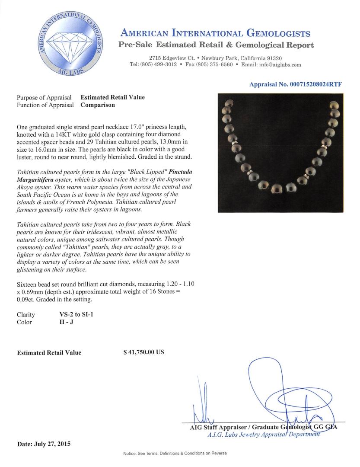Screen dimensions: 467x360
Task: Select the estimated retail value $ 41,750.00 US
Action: (143, 352)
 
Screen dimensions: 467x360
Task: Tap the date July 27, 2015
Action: (44, 444)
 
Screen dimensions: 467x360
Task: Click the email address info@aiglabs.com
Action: (277, 64)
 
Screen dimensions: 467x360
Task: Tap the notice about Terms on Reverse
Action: (175, 453)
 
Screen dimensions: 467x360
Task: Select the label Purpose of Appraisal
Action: (44, 97)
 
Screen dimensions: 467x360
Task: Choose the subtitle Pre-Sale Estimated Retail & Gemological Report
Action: (216, 45)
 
